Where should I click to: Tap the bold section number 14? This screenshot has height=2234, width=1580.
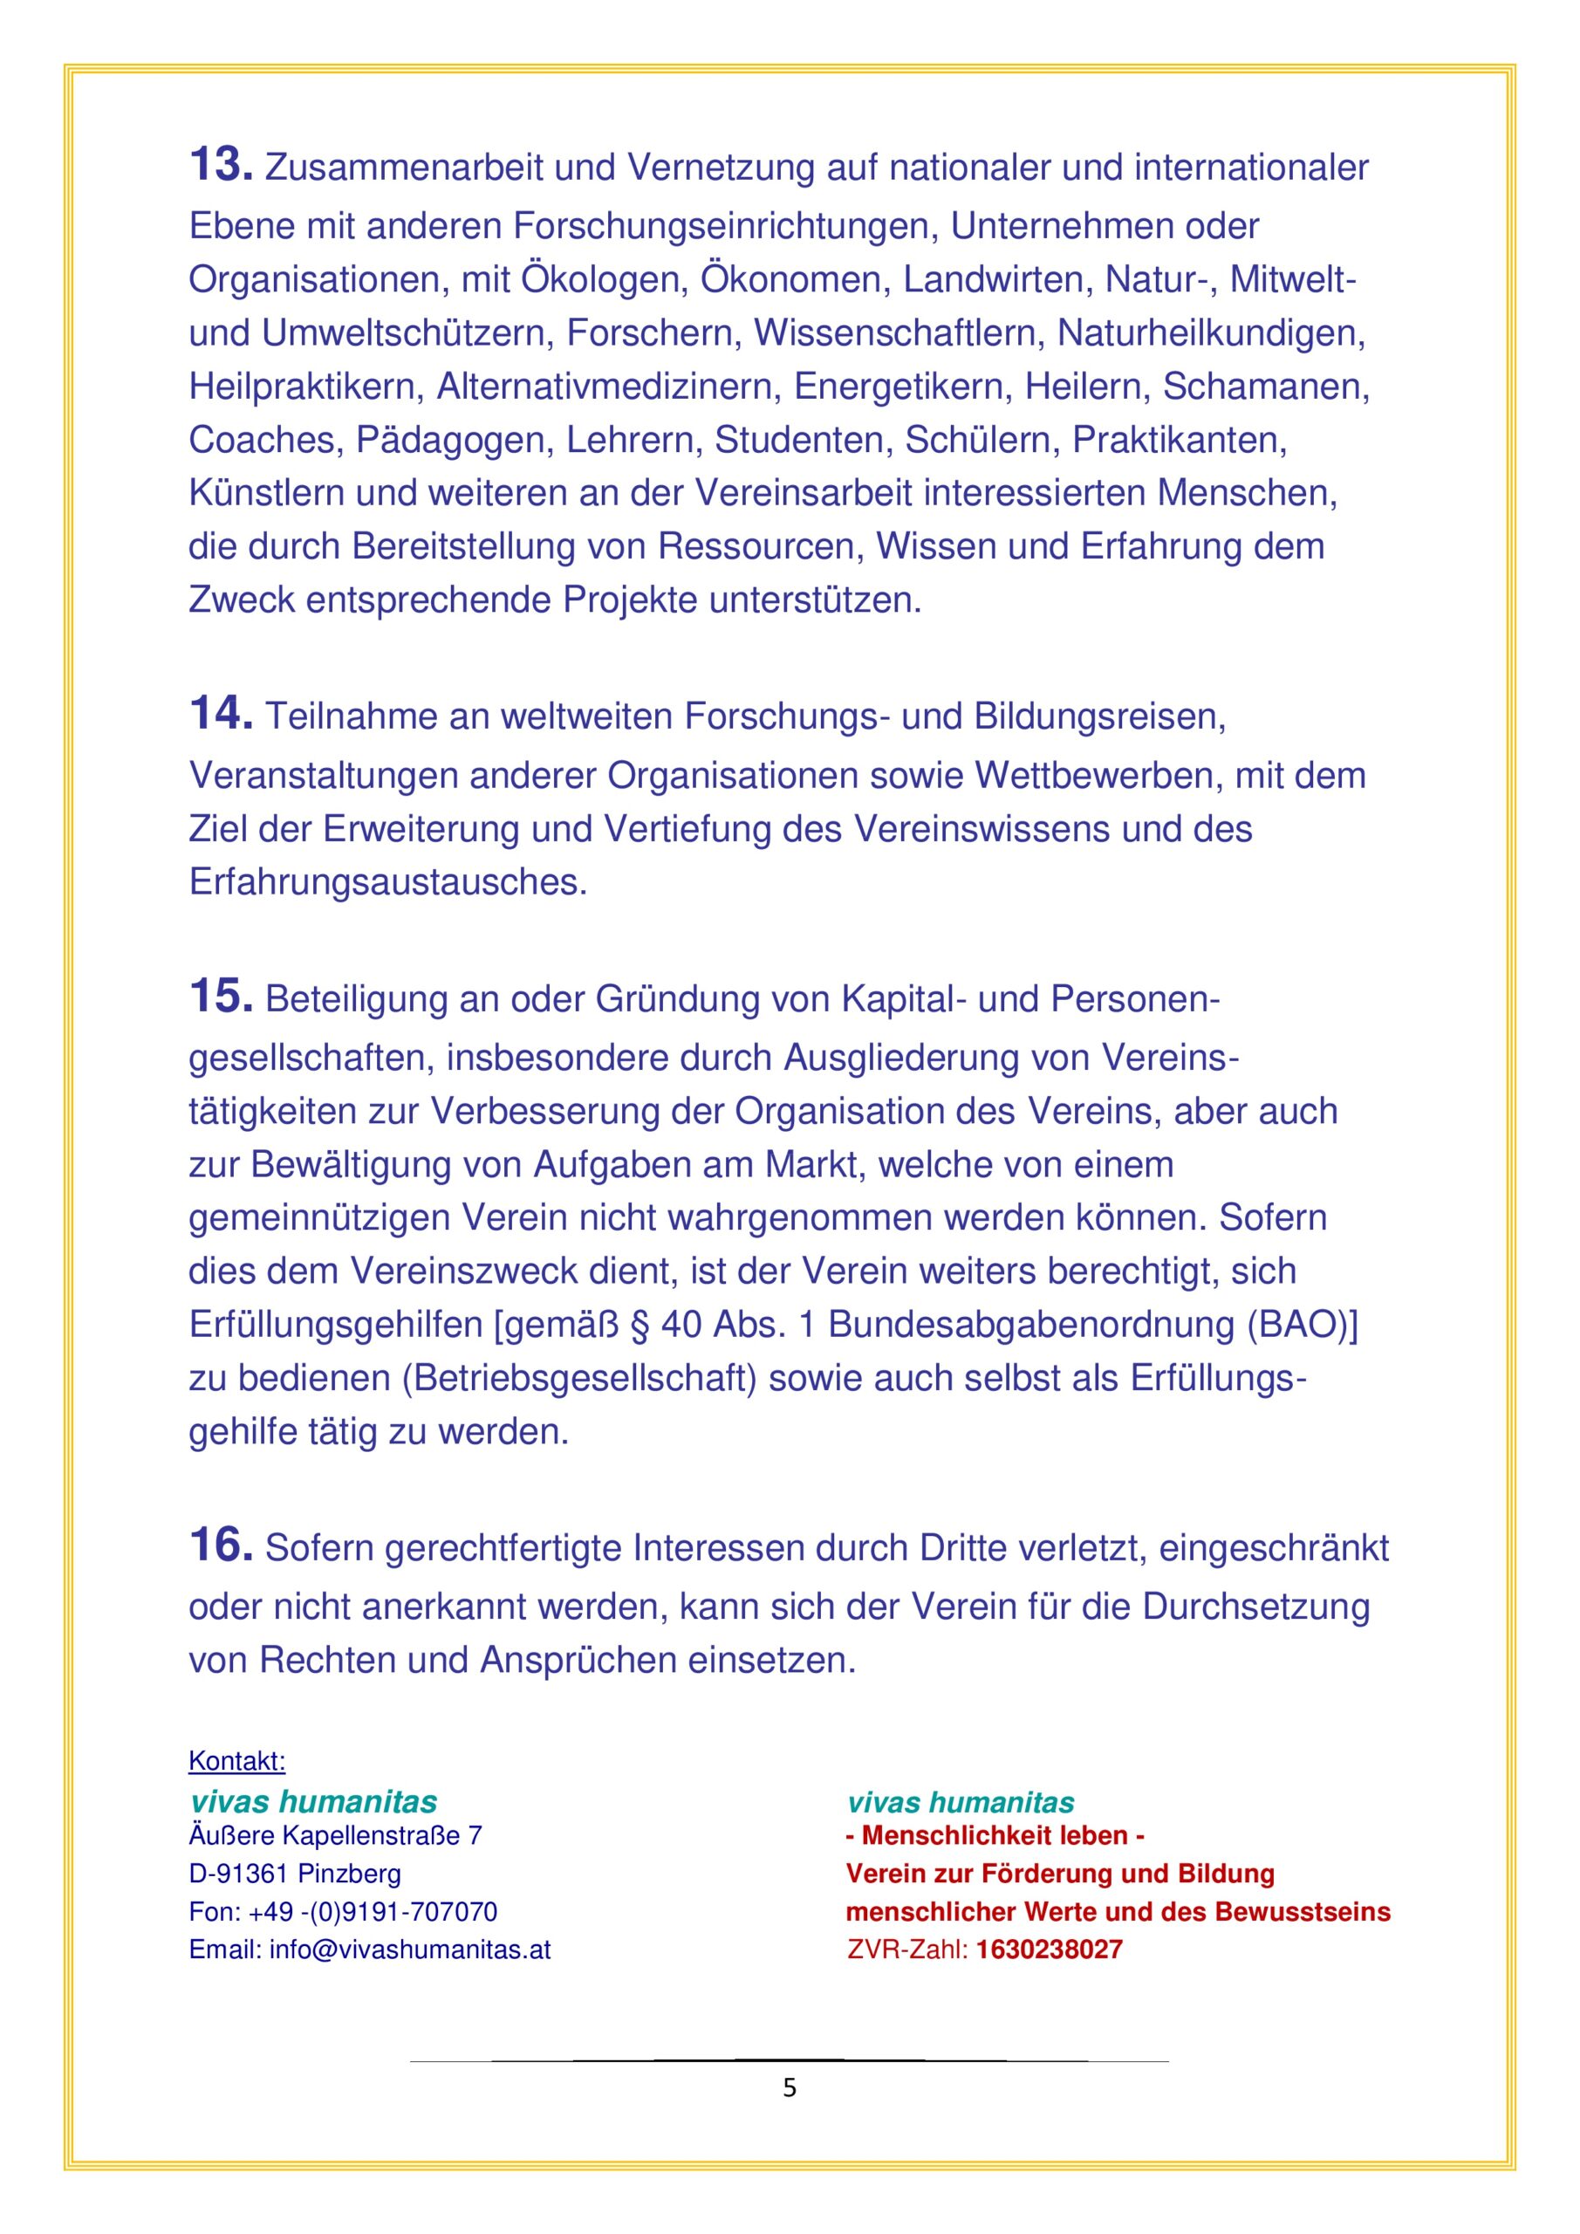coord(221,713)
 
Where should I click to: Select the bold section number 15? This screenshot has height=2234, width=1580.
coord(221,997)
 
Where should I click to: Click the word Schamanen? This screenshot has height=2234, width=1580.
coord(1266,387)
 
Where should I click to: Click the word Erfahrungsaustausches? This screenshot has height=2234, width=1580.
coord(388,882)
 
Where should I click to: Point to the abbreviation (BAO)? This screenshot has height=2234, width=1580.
coord(1303,1326)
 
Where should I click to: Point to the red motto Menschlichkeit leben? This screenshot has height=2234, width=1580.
coord(995,1836)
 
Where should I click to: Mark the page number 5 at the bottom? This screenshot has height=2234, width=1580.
coord(789,2088)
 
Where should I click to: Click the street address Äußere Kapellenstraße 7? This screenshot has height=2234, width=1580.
coord(336,1836)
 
